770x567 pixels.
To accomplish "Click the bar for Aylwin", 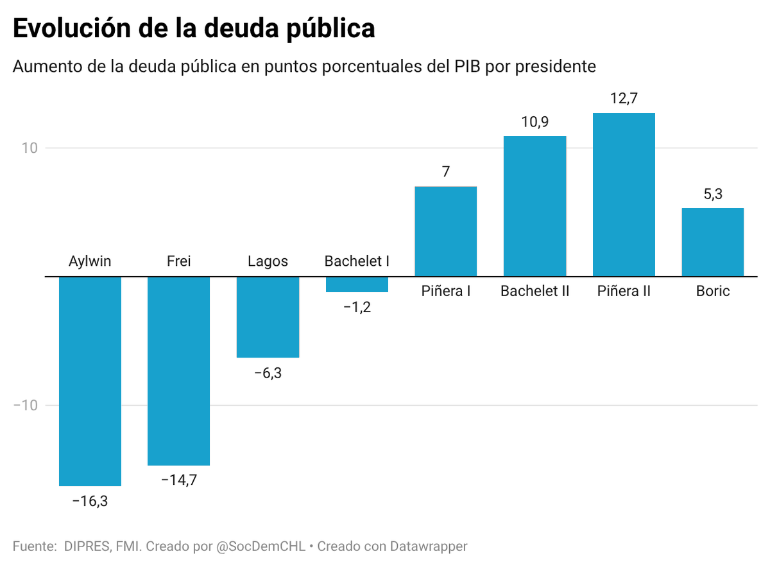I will point(90,381).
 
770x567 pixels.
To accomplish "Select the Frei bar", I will point(178,371).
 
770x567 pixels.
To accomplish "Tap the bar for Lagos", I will point(268,317).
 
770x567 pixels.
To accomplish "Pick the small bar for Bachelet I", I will point(357,284).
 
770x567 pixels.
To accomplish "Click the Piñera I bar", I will point(446,231).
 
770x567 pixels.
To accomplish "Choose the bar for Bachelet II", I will point(535,206).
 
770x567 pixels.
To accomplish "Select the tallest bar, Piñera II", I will point(624,195).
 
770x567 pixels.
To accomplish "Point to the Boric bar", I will point(712,242).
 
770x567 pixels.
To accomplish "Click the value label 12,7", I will point(624,99).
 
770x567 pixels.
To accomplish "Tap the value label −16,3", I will point(90,502).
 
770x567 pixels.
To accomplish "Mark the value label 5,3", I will point(712,194).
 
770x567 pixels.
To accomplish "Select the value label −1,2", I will point(357,307).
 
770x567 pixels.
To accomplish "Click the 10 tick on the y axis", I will point(30,148).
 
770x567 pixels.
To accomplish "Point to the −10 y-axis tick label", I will point(26,405).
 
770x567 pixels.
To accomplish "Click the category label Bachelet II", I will point(535,292).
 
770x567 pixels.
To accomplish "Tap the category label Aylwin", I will point(90,261).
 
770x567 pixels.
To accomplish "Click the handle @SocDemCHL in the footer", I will point(261,546).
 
